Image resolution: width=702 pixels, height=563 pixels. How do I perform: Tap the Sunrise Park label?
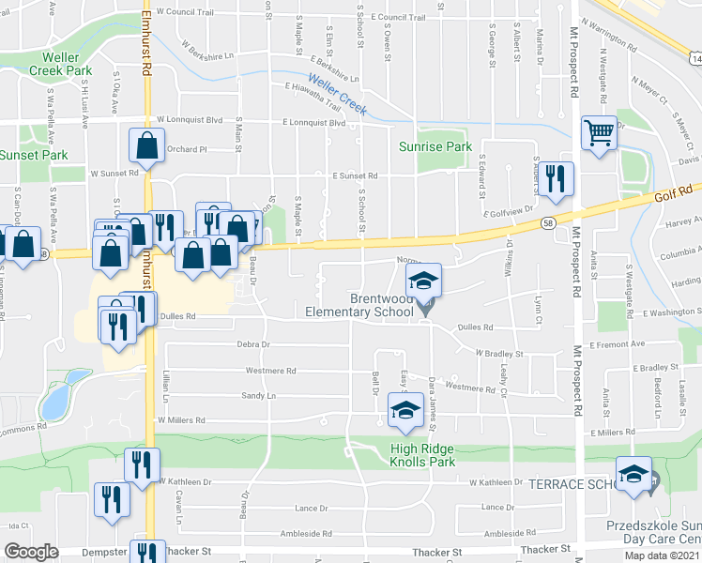(447, 146)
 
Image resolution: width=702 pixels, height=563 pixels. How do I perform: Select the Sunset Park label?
(34, 155)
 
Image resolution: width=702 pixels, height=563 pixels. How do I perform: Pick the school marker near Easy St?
(406, 410)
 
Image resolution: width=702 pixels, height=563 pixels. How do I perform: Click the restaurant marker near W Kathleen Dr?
(142, 464)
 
